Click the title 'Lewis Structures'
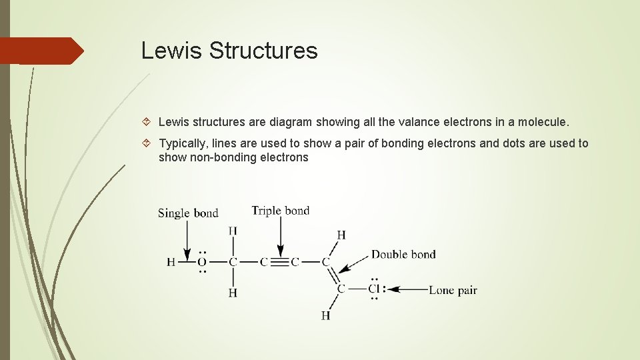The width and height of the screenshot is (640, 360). (229, 51)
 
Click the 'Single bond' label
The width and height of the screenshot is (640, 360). (188, 213)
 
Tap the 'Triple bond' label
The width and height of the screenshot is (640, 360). (280, 211)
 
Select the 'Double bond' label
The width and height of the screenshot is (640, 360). (403, 254)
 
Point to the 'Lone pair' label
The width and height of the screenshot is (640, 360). (453, 290)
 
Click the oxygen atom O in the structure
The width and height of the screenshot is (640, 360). (201, 262)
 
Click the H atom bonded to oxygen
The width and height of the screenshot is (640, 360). (171, 262)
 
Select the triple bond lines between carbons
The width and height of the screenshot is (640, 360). (281, 262)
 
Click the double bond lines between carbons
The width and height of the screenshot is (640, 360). (333, 275)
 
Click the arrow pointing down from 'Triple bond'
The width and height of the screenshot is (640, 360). (281, 236)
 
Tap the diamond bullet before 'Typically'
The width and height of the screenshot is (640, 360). (149, 143)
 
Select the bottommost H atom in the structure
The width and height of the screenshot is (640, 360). (325, 315)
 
